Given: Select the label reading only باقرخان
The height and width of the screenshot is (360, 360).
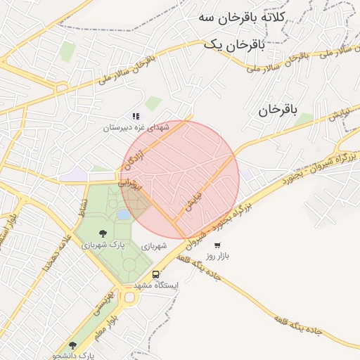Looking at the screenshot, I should (278, 110).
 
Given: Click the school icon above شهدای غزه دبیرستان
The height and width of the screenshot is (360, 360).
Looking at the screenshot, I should (136, 116).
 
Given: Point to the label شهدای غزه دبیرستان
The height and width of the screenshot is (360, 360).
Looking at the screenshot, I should (137, 128).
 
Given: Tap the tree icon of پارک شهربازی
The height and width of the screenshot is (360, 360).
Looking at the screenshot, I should (103, 233).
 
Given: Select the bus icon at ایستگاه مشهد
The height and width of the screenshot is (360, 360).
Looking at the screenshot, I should (155, 274).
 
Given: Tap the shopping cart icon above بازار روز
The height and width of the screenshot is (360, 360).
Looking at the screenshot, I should (217, 245).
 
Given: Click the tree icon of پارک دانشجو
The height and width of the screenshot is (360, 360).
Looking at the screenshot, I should (72, 345).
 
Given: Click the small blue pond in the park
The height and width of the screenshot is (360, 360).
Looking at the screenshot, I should (124, 214).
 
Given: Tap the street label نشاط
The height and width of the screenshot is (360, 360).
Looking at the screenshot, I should (83, 209).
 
